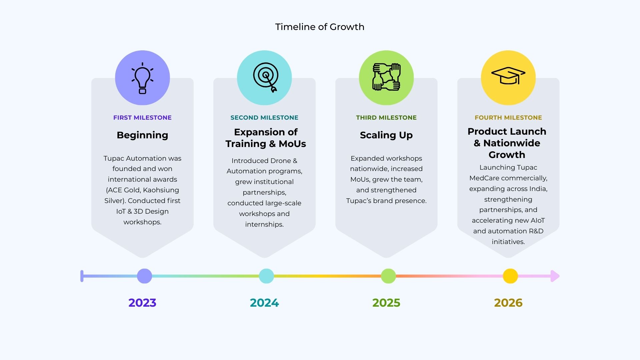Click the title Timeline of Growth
pyautogui.click(x=320, y=27)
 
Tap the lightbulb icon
pyautogui.click(x=142, y=78)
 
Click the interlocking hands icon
pyautogui.click(x=386, y=77)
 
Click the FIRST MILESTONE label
pyautogui.click(x=142, y=118)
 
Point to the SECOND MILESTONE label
pyautogui.click(x=264, y=118)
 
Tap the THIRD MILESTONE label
pyautogui.click(x=386, y=118)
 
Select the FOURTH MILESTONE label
pyautogui.click(x=508, y=118)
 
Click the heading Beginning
pyautogui.click(x=142, y=135)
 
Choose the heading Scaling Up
pyautogui.click(x=386, y=135)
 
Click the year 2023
pyautogui.click(x=142, y=303)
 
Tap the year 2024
pyautogui.click(x=264, y=303)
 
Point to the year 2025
pyautogui.click(x=386, y=303)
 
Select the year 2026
pyautogui.click(x=508, y=303)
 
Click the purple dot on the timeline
pyautogui.click(x=144, y=276)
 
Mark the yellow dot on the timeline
pyautogui.click(x=510, y=276)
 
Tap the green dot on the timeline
pyautogui.click(x=388, y=276)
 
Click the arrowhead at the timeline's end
pyautogui.click(x=555, y=276)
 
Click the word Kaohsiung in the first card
pyautogui.click(x=161, y=190)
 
